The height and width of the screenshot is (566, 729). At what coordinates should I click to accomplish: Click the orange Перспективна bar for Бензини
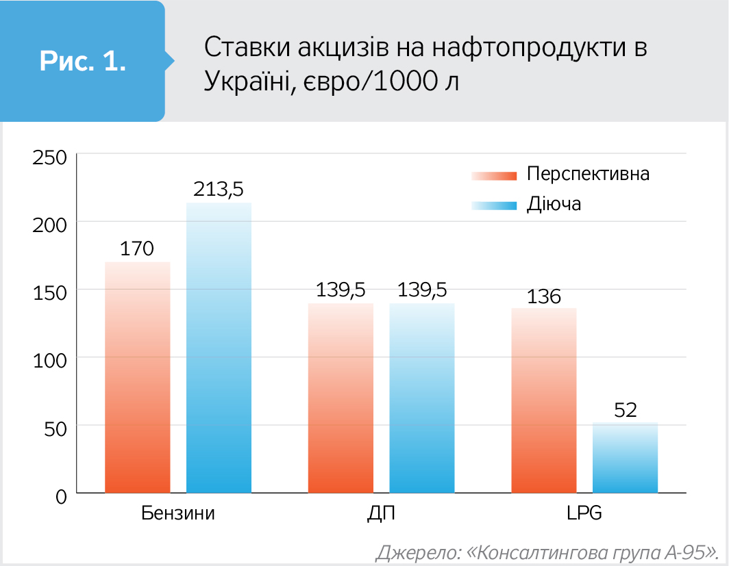pyautogui.click(x=137, y=376)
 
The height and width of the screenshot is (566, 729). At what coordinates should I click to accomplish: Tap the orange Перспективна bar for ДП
pyautogui.click(x=341, y=398)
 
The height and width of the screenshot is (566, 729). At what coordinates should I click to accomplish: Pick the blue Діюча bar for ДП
pyautogui.click(x=421, y=398)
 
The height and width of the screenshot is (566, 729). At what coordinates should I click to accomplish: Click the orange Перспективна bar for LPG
pyautogui.click(x=544, y=400)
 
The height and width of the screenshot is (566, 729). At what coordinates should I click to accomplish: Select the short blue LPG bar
pyautogui.click(x=625, y=457)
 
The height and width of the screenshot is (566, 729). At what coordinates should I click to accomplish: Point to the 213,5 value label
pyautogui.click(x=219, y=188)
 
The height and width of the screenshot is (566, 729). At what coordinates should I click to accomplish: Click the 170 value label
pyautogui.click(x=137, y=248)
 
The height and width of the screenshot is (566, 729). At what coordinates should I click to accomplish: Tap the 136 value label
pyautogui.click(x=544, y=296)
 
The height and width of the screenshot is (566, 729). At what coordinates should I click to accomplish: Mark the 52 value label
pyautogui.click(x=626, y=410)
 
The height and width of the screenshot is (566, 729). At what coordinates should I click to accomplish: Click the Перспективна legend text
pyautogui.click(x=588, y=174)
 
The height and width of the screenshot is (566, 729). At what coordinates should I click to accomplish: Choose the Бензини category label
pyautogui.click(x=178, y=513)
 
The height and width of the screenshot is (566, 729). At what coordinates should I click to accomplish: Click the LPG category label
pyautogui.click(x=584, y=513)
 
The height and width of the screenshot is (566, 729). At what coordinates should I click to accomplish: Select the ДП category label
pyautogui.click(x=381, y=513)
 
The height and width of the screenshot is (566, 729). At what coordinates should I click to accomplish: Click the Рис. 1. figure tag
pyautogui.click(x=82, y=61)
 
